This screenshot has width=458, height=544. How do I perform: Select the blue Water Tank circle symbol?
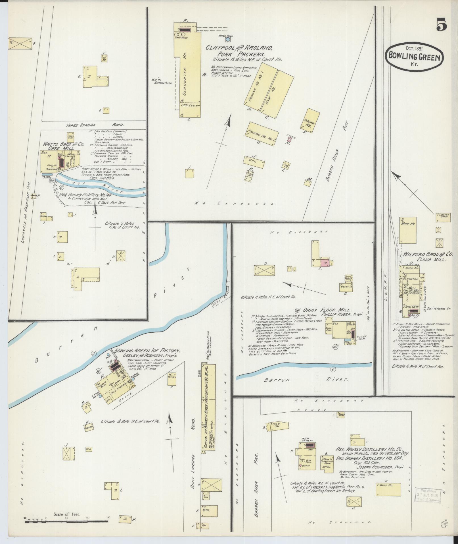(x=227, y=40)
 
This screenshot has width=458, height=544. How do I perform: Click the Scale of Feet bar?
(x=66, y=522)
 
